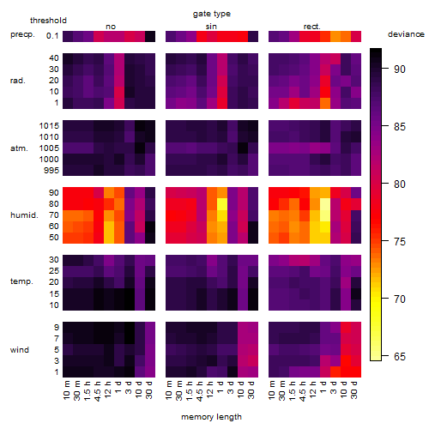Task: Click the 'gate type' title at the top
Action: tap(212, 14)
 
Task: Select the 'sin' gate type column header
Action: tap(211, 27)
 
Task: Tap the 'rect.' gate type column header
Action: tap(312, 27)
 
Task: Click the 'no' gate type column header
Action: tap(111, 27)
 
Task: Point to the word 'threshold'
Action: tap(48, 21)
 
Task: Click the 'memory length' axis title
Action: tap(211, 417)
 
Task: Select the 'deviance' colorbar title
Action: tap(406, 34)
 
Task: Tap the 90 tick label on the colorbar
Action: tap(400, 69)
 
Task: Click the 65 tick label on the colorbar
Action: tap(400, 357)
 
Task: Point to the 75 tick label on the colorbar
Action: tap(400, 242)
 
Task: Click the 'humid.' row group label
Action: tap(24, 214)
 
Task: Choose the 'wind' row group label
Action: tap(20, 350)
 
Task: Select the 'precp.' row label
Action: tap(22, 34)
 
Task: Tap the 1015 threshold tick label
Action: tap(49, 126)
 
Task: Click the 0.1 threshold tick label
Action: tap(52, 36)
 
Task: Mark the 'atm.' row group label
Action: tap(19, 148)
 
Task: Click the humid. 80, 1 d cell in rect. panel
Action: tap(325, 204)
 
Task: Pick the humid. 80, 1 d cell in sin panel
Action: tap(222, 204)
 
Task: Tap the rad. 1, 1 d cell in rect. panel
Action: tap(325, 103)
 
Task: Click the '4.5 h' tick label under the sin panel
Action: tap(200, 391)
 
